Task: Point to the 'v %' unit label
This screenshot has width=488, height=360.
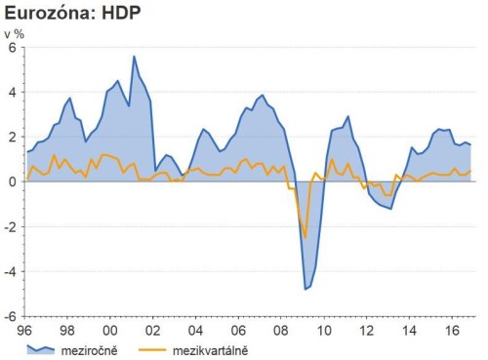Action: click(x=15, y=34)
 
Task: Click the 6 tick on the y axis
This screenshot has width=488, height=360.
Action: click(x=13, y=47)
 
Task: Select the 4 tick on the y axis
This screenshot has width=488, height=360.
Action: click(x=13, y=92)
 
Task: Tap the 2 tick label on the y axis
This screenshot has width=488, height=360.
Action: click(x=13, y=137)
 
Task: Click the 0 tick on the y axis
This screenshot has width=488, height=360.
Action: click(x=13, y=181)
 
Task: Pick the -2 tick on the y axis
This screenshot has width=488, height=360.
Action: click(x=11, y=226)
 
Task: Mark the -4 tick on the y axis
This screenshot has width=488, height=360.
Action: click(x=11, y=271)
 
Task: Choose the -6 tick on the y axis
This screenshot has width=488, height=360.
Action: click(x=11, y=316)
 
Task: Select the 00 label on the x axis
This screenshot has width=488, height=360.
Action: click(x=110, y=330)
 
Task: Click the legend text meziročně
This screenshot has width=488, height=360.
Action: click(x=89, y=348)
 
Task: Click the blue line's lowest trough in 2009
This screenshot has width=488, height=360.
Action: click(x=305, y=289)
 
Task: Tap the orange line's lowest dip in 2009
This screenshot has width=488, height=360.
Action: click(x=305, y=237)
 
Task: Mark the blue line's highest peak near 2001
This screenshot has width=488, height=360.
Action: click(x=134, y=57)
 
